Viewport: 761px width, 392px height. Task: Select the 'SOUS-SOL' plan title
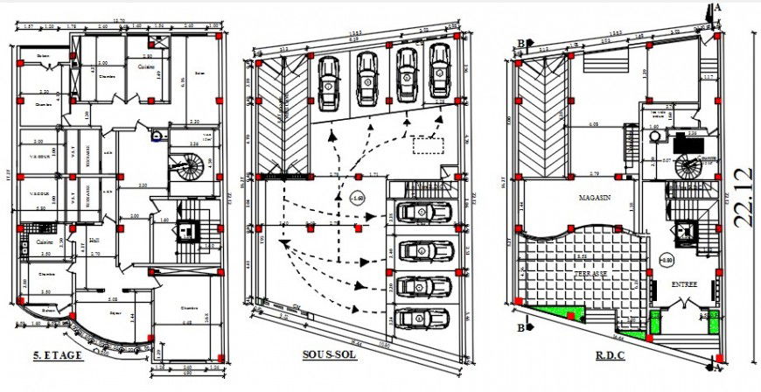[x=329, y=356]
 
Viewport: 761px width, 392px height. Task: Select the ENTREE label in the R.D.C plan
[x=684, y=284]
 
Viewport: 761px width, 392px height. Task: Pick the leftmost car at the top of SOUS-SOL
[x=329, y=81]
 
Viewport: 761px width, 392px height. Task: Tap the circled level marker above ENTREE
[x=667, y=260]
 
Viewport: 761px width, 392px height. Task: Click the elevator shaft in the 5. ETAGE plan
[x=186, y=230]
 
